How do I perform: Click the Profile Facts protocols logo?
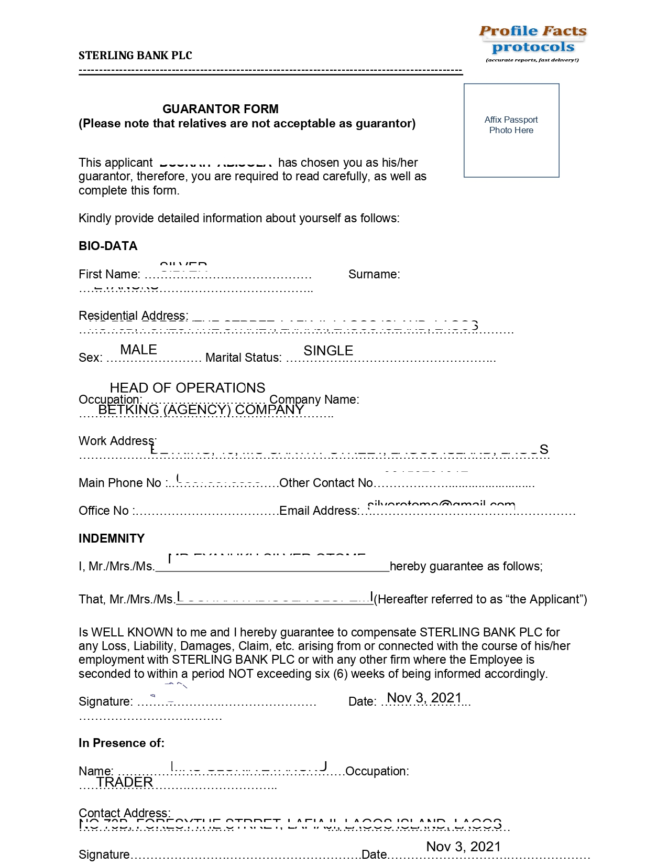(x=533, y=43)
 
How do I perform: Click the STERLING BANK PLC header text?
(x=135, y=56)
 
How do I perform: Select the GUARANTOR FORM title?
(x=220, y=109)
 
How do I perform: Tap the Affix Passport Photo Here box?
(x=511, y=130)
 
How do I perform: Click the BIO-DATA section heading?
(x=108, y=246)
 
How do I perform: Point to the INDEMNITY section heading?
(x=111, y=538)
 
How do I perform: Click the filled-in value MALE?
(x=138, y=350)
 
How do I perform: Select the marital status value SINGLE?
(x=328, y=351)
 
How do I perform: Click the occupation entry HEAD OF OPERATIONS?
(x=187, y=388)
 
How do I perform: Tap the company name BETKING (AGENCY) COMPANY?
(x=201, y=409)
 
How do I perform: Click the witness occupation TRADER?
(x=124, y=782)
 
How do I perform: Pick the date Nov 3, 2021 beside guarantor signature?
(x=424, y=698)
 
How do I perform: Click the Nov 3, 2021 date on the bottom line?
(x=463, y=847)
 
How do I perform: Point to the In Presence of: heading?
(x=122, y=743)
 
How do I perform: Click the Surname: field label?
(x=374, y=274)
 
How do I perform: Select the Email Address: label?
(x=319, y=511)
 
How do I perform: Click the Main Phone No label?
(x=120, y=483)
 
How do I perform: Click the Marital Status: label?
(x=244, y=358)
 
